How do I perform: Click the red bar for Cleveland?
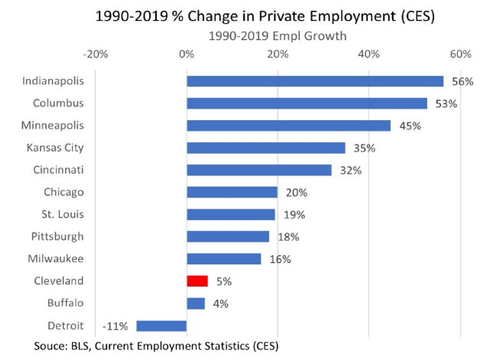[197, 281]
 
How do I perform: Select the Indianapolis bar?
[315, 81]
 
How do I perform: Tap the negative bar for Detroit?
[162, 326]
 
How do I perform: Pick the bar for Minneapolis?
[288, 126]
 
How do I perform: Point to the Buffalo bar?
[196, 303]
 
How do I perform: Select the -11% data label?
[115, 326]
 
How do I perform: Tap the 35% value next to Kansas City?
[365, 148]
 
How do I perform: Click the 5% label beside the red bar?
[223, 281]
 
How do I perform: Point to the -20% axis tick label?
[95, 54]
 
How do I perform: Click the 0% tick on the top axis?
[186, 54]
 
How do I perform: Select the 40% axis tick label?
[369, 54]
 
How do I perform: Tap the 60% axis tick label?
[460, 54]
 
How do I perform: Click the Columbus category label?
[59, 103]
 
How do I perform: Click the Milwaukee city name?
[56, 259]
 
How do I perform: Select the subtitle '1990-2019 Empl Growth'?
[277, 36]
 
